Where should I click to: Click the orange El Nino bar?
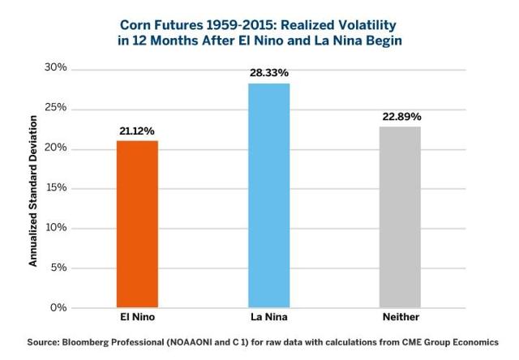(x=137, y=224)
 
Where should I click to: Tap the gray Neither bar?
(x=401, y=217)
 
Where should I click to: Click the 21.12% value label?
(x=137, y=130)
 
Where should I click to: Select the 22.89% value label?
(x=401, y=116)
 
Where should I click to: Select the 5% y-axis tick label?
(x=58, y=268)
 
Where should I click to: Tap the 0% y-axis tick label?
(x=58, y=307)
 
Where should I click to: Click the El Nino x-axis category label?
(x=137, y=317)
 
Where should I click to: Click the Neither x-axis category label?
(x=401, y=317)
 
